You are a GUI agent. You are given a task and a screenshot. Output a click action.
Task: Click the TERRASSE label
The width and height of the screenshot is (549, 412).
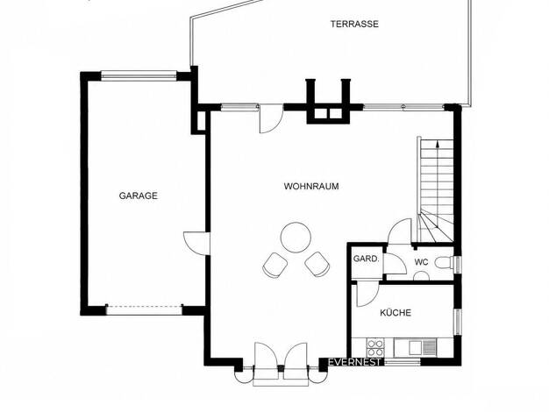[354, 24]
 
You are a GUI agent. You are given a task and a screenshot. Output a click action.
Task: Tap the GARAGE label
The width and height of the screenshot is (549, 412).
[139, 195]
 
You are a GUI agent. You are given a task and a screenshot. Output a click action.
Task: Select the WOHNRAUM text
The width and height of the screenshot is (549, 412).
[311, 186]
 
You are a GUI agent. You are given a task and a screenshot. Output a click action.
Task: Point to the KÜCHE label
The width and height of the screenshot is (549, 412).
[396, 312]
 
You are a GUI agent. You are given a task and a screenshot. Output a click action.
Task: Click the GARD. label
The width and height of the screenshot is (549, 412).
[367, 259]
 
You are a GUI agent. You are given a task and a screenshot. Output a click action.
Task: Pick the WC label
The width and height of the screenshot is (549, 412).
[422, 262]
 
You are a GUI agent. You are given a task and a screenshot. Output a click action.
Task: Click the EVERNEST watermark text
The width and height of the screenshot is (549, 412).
[354, 362]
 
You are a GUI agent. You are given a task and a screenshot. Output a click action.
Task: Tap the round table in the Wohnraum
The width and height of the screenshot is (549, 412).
[296, 238]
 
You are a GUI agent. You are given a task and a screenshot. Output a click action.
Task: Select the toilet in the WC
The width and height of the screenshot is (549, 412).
[444, 262]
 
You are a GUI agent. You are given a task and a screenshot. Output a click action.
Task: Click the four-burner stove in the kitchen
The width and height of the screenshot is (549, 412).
[375, 348]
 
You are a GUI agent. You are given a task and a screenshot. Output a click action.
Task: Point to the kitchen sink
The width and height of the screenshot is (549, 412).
[416, 347]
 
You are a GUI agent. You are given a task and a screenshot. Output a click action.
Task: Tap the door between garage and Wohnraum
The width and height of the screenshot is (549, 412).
[196, 244]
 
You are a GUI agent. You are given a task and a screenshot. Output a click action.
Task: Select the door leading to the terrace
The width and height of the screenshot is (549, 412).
[271, 119]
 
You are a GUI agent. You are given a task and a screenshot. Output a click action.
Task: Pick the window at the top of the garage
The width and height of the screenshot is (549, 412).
[139, 75]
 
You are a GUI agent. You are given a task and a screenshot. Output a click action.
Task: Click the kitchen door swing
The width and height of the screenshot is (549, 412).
[367, 294]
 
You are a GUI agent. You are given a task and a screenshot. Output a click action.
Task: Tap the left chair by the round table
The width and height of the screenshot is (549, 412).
[275, 265]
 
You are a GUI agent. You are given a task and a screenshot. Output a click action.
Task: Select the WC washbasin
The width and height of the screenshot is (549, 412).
[422, 276]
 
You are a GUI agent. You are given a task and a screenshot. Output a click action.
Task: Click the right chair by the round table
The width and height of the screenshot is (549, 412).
[317, 264]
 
